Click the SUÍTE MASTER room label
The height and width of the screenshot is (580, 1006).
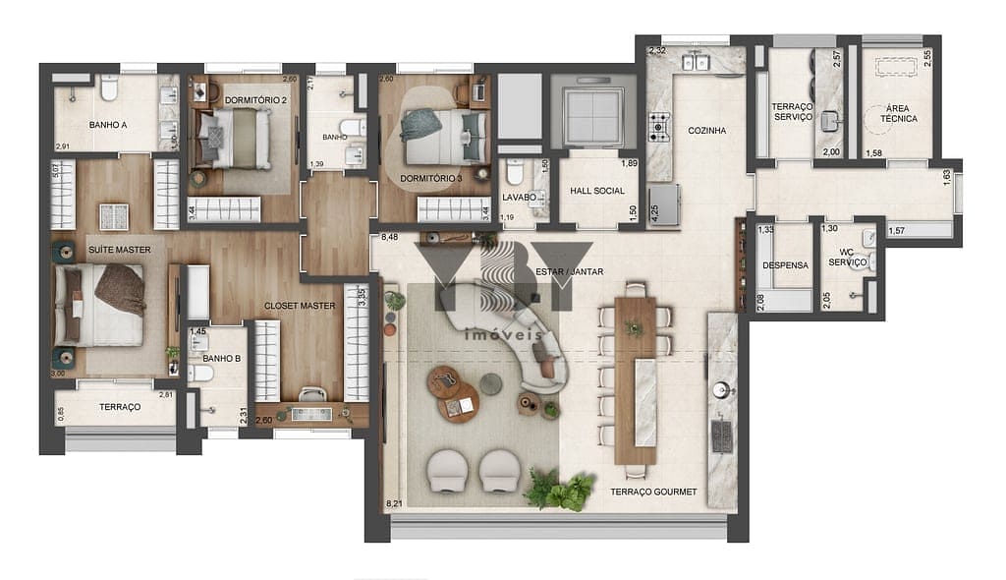coord(119,250)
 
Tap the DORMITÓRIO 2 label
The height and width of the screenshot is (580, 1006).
coord(255,100)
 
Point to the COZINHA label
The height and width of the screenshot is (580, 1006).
coord(706,130)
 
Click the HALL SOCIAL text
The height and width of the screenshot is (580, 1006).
coord(597,191)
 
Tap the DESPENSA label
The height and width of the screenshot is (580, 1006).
coord(785,265)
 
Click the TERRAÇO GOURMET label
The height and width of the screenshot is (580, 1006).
coord(653,492)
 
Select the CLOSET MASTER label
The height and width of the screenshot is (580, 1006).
coord(300,306)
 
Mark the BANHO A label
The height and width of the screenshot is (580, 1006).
coord(108,125)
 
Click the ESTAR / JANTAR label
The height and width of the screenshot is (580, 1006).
coord(570,271)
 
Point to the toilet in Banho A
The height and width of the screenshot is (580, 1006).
coord(109,91)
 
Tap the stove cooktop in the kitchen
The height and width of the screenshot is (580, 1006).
coord(658,127)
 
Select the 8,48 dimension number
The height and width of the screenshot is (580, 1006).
coord(389,237)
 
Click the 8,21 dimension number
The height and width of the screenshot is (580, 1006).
coord(394,503)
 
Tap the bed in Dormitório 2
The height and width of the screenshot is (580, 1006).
coord(234,138)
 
